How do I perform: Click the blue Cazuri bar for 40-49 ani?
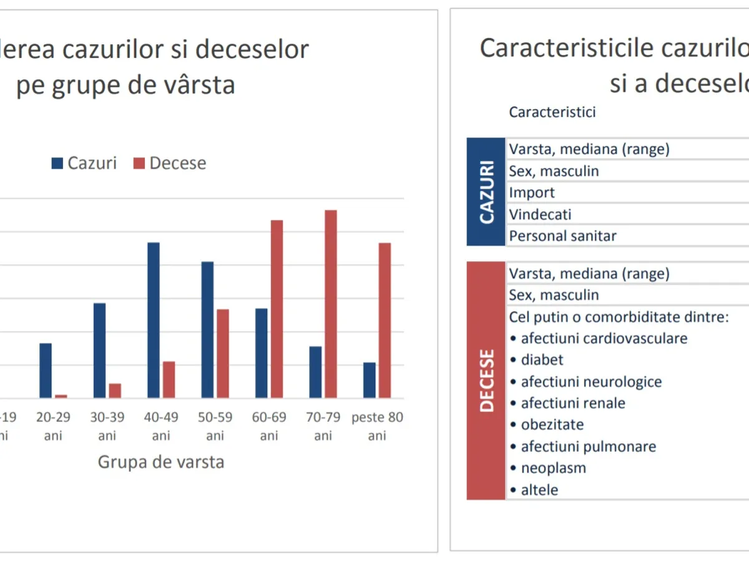(154, 320)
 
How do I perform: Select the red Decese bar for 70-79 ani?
(331, 304)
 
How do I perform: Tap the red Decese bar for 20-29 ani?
(61, 396)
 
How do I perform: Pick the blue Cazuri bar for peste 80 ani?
(370, 380)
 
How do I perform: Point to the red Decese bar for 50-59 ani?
(223, 353)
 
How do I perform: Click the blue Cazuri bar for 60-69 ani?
(261, 353)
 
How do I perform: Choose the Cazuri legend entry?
(84, 163)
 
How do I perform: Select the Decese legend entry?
(169, 163)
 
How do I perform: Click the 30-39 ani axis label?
(107, 426)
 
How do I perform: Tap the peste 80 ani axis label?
(377, 426)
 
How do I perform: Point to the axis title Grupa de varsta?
(160, 463)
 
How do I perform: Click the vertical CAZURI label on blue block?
(486, 191)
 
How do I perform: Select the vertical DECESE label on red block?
(486, 380)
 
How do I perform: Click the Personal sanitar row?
(562, 236)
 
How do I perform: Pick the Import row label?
(532, 193)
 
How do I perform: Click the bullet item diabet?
(541, 360)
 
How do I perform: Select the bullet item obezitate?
(552, 424)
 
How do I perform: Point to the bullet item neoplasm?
(553, 467)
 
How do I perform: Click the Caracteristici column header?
(552, 112)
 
